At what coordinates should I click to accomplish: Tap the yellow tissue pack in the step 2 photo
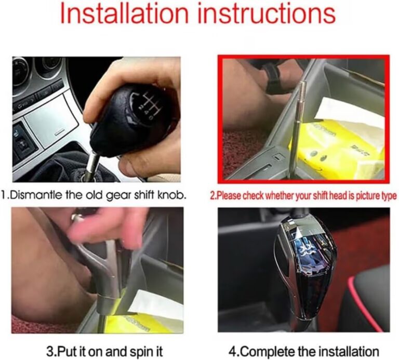coord(336,148)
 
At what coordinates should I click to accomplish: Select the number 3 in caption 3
coord(50,352)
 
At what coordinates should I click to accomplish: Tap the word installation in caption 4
coord(349,352)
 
